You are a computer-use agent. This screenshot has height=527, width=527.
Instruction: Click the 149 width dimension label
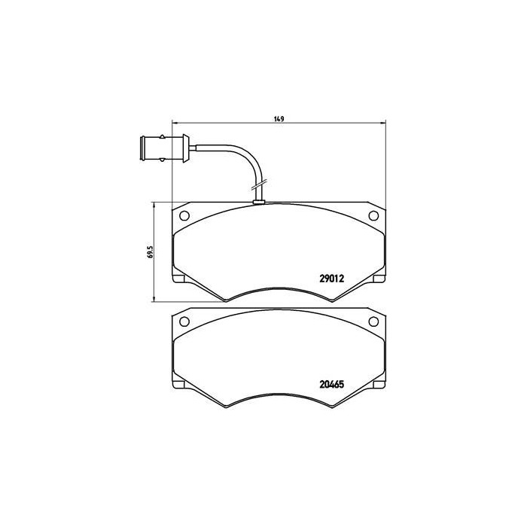[279, 118]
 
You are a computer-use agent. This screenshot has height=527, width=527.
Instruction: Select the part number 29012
[332, 278]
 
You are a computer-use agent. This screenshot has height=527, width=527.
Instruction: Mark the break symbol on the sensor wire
[258, 184]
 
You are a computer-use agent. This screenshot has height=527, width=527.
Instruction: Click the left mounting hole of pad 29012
[185, 216]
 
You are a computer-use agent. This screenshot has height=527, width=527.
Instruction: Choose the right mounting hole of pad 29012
[373, 216]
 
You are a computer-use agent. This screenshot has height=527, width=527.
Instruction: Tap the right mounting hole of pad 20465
[373, 321]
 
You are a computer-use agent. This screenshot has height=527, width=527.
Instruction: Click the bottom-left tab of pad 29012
[179, 281]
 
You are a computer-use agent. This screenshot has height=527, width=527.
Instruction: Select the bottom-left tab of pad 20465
[179, 385]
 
